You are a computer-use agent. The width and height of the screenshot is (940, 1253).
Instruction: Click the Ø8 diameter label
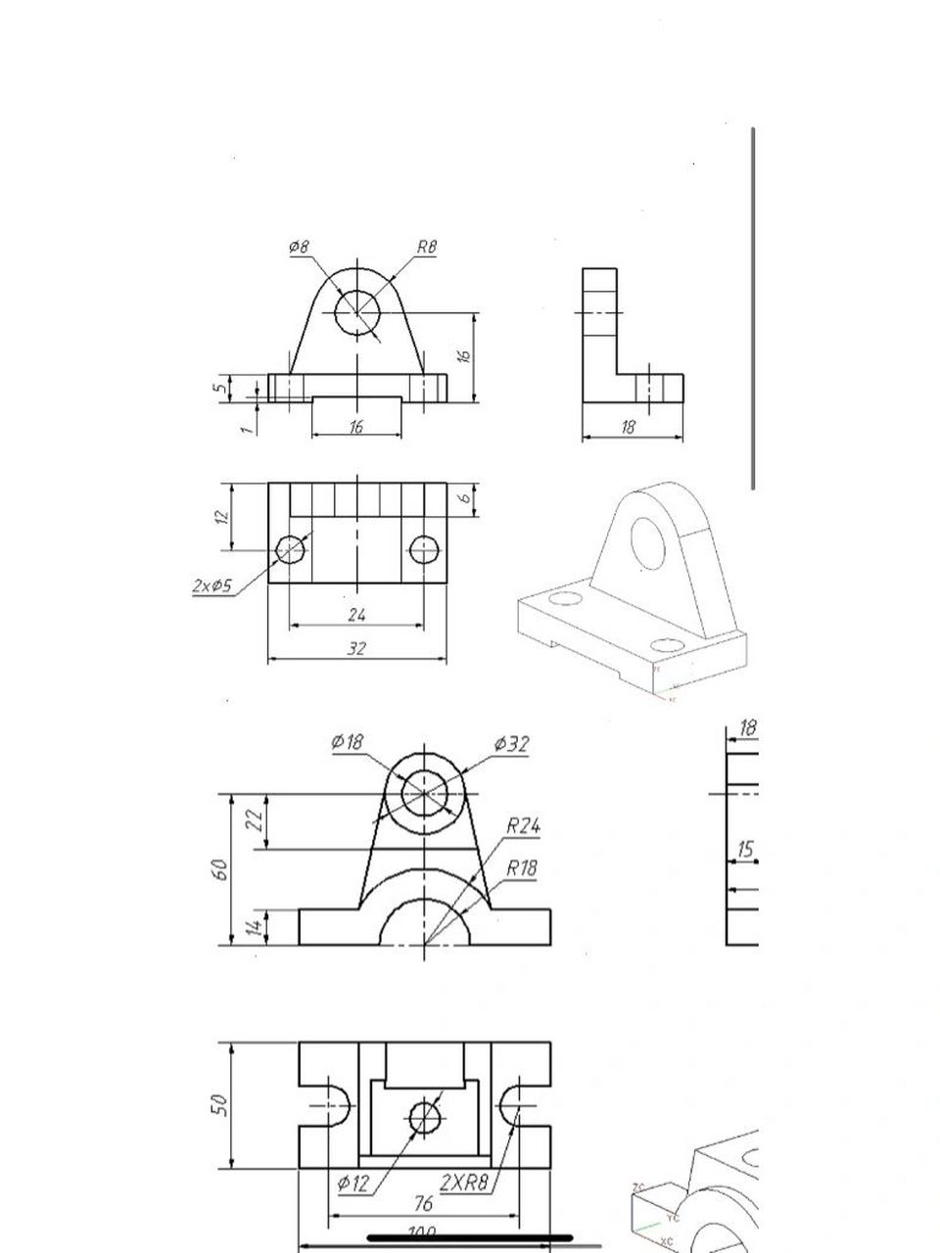299,248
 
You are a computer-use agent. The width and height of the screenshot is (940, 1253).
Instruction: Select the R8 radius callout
426,248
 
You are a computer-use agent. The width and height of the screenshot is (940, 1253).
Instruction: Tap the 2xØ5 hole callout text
211,586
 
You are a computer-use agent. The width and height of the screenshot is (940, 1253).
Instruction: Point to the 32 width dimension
356,648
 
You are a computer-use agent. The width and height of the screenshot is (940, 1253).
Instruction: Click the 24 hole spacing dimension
356,615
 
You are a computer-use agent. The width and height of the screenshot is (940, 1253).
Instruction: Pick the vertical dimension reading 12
223,516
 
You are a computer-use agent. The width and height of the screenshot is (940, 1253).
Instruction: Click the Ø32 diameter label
511,744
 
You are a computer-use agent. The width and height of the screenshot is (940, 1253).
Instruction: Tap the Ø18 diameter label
347,742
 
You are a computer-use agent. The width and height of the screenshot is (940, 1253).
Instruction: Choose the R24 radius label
523,826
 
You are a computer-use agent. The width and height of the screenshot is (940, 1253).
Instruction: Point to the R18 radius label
521,868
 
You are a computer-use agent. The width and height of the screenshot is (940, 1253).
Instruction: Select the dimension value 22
255,820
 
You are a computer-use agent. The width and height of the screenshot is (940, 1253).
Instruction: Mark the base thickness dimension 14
253,926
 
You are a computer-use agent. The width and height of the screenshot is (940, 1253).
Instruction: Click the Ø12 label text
353,1183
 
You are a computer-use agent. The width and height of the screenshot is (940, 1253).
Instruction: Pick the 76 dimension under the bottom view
424,1203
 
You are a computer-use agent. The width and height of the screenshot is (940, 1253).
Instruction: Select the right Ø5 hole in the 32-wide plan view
423,550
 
